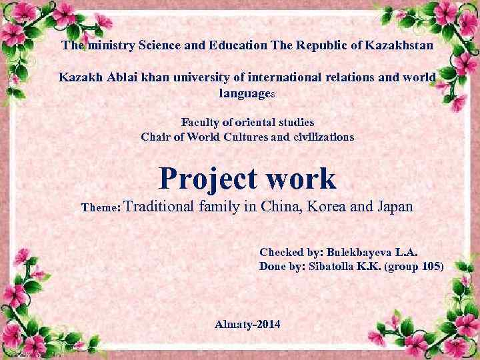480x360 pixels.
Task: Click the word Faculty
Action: (200, 123)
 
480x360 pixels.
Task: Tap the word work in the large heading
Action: (305, 178)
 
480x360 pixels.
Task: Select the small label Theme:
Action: (100, 207)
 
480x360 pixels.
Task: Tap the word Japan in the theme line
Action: (395, 207)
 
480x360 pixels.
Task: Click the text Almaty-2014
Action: (248, 324)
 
